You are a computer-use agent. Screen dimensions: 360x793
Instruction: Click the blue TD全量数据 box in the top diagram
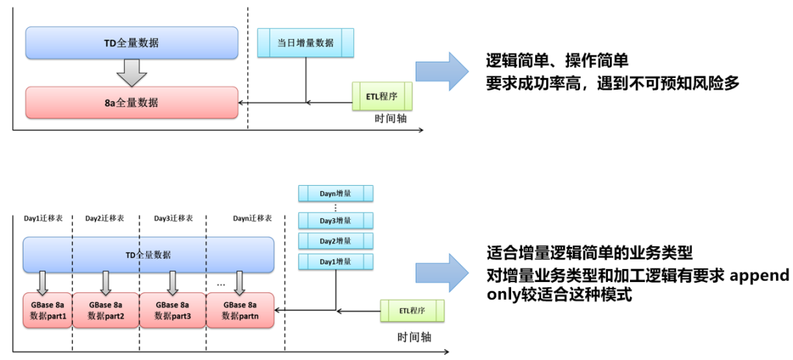click(x=131, y=43)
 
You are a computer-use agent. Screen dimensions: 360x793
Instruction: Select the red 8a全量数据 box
click(x=131, y=102)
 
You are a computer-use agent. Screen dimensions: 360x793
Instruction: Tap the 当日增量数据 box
click(x=305, y=43)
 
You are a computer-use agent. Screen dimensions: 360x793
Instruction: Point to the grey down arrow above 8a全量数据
click(x=131, y=72)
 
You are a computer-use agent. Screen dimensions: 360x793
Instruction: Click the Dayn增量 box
click(x=336, y=193)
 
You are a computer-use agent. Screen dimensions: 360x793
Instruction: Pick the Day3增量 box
click(x=336, y=220)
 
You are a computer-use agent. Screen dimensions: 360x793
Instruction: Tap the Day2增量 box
click(x=336, y=240)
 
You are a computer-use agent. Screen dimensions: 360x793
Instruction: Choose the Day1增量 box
click(x=336, y=261)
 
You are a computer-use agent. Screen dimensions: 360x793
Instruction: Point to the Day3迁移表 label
click(x=173, y=218)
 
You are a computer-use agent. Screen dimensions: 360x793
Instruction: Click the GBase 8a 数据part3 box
click(x=173, y=310)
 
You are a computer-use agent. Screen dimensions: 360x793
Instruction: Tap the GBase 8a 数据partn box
click(x=239, y=310)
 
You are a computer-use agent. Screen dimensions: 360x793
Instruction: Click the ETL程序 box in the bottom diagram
click(x=412, y=310)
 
